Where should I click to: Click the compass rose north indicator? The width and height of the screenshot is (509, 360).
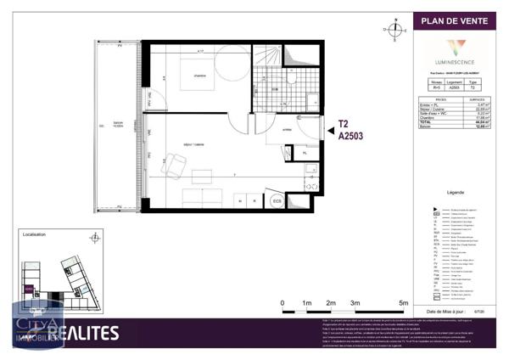tap(394, 31)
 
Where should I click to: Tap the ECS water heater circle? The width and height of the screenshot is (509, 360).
tap(276, 201)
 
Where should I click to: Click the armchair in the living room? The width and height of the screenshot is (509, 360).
tap(169, 166)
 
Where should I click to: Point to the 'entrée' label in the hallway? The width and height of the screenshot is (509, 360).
tap(287, 130)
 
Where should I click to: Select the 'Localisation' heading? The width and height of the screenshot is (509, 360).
tap(35, 234)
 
